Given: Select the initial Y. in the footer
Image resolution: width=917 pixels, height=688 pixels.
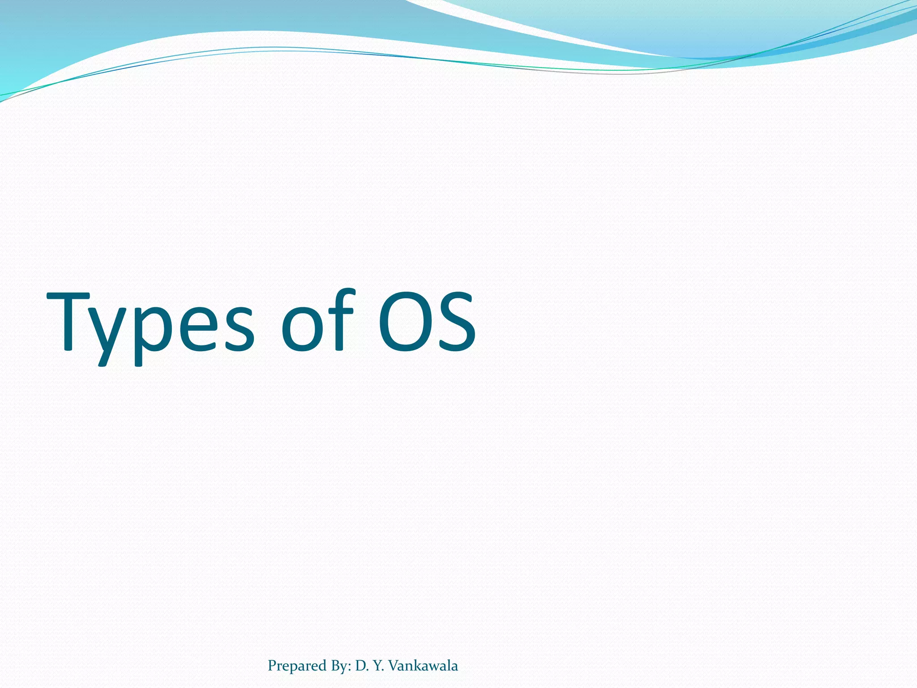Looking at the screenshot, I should pyautogui.click(x=378, y=666).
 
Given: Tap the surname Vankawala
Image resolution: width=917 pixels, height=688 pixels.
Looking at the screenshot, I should pyautogui.click(x=423, y=666).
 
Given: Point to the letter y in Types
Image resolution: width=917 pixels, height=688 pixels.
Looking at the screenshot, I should pyautogui.click(x=110, y=331).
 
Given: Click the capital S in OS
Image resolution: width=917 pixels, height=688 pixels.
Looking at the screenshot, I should pyautogui.click(x=456, y=320).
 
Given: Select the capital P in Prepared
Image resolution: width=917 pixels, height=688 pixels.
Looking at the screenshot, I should pyautogui.click(x=272, y=666).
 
